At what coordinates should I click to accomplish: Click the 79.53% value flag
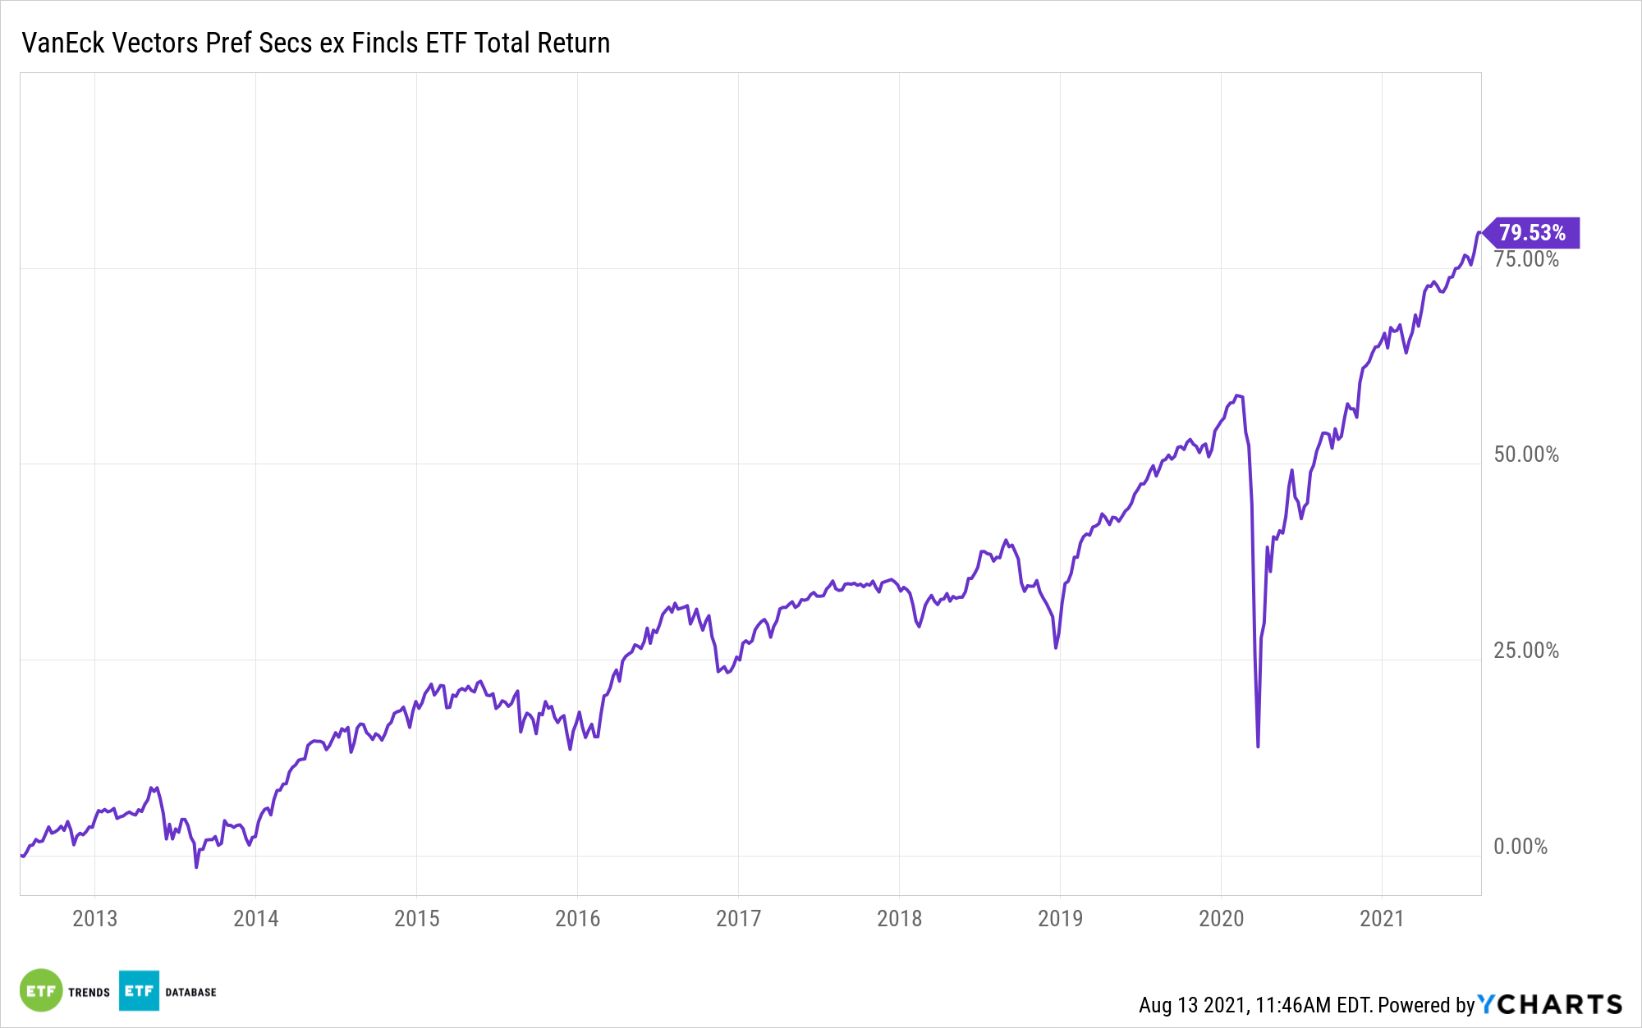[1532, 233]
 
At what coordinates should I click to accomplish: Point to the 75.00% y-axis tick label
[1525, 259]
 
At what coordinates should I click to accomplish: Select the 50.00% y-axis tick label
[1525, 455]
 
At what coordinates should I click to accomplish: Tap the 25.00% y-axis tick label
[1525, 651]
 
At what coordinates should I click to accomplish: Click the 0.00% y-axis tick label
[1520, 847]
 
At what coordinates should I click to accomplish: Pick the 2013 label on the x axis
[94, 918]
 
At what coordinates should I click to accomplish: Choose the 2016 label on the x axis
[577, 918]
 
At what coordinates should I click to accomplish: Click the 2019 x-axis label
[1060, 918]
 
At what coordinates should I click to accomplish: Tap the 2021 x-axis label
[1382, 918]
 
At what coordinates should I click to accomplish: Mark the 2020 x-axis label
[1221, 918]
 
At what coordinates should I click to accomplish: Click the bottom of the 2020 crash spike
[1258, 745]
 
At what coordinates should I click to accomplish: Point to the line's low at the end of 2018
[1056, 647]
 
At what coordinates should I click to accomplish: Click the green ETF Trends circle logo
[40, 991]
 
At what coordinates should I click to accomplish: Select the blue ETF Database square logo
[139, 991]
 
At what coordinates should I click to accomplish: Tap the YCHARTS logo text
[1550, 1004]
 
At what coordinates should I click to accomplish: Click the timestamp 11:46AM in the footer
[1292, 1005]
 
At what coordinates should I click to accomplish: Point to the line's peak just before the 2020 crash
[1238, 395]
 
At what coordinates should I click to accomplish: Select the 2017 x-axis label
[738, 918]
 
